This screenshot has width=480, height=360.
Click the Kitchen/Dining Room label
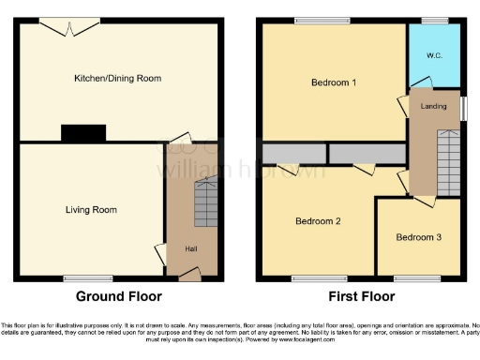click(118, 79)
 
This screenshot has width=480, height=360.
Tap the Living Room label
click(91, 209)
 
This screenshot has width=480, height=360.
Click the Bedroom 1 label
click(333, 82)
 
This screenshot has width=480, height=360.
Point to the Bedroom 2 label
click(318, 221)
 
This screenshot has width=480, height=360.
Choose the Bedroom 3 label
click(418, 237)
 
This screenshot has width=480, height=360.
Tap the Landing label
click(433, 106)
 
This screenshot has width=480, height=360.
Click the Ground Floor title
click(118, 296)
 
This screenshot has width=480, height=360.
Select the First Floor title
click(361, 296)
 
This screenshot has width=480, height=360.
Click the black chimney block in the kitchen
click(77, 134)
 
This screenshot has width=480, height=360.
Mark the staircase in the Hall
click(205, 203)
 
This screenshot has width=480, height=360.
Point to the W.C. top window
click(434, 21)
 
